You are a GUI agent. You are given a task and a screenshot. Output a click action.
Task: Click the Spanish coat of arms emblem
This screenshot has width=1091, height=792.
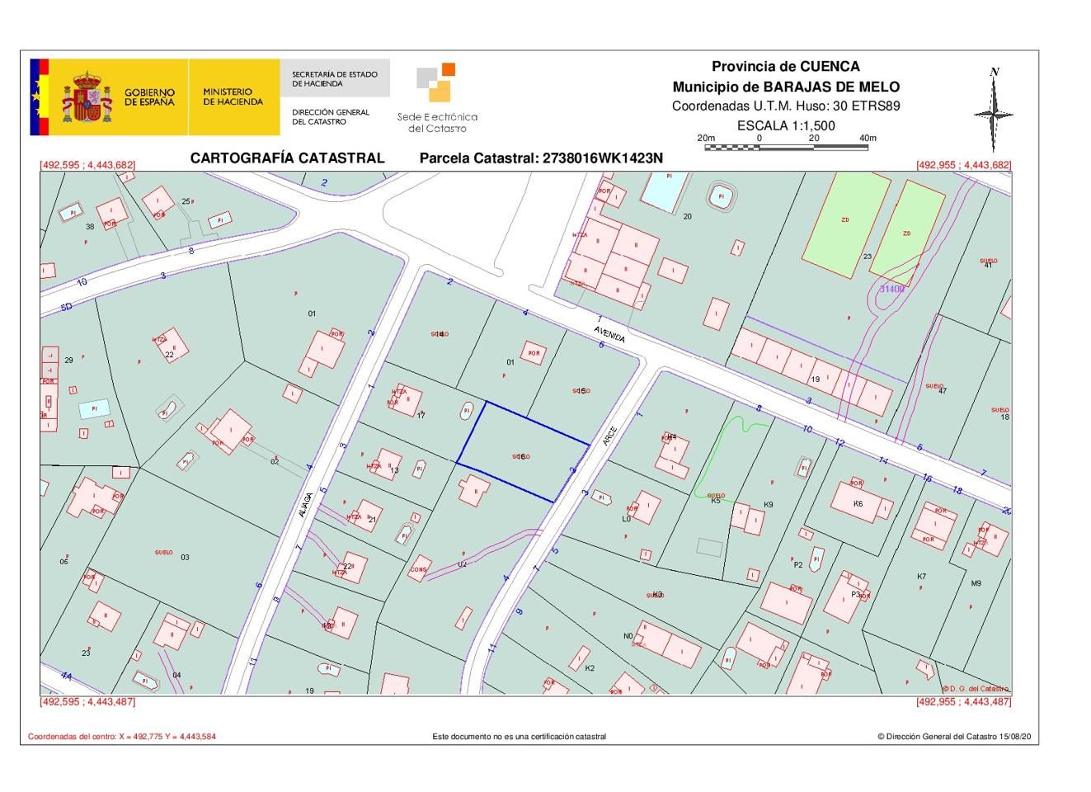click(87, 97)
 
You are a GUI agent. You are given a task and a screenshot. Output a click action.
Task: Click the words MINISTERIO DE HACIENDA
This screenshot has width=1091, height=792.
click(233, 97)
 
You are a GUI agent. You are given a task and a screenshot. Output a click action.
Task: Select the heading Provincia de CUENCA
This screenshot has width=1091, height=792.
click(785, 67)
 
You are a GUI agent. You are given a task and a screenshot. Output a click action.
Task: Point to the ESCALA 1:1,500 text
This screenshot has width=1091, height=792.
click(785, 125)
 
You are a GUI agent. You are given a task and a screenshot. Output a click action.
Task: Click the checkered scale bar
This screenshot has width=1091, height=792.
click(786, 148)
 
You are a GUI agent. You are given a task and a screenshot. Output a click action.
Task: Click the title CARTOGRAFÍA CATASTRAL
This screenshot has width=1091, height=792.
click(287, 158)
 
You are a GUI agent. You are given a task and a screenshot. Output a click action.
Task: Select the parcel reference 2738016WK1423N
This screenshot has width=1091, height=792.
click(541, 158)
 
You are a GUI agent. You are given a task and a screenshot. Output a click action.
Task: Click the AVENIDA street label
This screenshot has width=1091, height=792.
click(610, 333)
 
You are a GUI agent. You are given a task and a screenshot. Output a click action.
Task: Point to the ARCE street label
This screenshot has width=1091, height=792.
click(609, 436)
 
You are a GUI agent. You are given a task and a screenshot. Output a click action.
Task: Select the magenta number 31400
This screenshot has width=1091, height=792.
click(891, 290)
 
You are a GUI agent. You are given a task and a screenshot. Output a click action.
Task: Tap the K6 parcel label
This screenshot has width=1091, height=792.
click(858, 503)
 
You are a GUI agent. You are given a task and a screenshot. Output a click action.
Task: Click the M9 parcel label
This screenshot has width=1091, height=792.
click(976, 583)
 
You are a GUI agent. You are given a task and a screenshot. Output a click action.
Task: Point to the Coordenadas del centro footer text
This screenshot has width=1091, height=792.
click(122, 737)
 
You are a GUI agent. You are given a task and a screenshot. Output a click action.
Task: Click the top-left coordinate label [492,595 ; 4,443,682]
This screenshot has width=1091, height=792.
click(87, 165)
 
